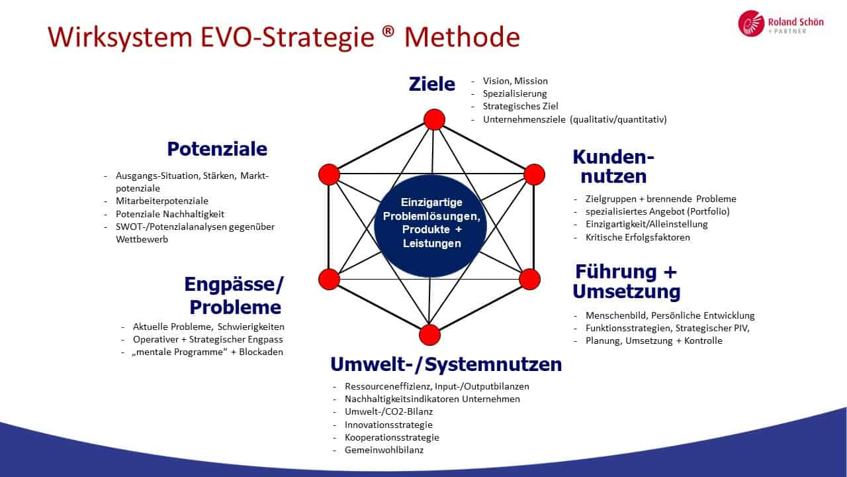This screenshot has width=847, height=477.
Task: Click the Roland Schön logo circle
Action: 751,23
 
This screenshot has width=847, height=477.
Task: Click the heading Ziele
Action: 432,84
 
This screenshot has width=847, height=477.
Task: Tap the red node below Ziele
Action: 435,120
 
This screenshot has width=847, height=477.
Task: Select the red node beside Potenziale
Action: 329,174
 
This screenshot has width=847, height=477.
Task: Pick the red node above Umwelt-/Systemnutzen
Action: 429,335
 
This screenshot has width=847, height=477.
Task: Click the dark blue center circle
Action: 431,226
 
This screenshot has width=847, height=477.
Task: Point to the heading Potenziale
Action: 217,149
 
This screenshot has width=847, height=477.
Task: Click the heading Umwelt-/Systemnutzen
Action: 446,364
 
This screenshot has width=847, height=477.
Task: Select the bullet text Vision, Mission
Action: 515,81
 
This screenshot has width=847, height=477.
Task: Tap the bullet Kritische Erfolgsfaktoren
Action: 637,237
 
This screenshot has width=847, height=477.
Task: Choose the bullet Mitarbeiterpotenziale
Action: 162,201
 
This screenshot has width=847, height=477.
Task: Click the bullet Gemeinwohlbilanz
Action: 384,450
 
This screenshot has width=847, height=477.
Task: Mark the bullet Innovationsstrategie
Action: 388,425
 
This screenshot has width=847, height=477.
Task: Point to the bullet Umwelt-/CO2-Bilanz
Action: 388,411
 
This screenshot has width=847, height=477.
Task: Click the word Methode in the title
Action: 462,37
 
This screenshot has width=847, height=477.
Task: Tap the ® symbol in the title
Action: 388,30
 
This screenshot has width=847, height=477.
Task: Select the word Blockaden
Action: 261,352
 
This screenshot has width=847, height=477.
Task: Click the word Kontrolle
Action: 703,341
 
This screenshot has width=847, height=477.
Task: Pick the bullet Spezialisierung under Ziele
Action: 515,93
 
